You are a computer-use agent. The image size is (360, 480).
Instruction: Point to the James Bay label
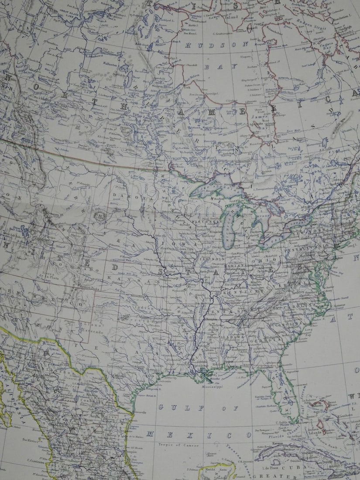[x=259, y=120]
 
